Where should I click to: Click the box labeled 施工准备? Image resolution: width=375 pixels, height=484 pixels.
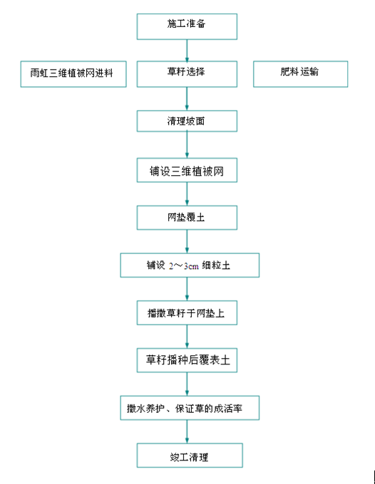tap(187, 26)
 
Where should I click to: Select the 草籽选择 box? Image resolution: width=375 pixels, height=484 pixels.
tap(187, 74)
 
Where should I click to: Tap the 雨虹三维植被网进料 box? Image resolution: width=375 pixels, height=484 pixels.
tap(73, 74)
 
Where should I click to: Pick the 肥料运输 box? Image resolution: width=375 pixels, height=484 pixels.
tap(300, 74)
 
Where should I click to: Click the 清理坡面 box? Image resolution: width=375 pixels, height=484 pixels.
tap(187, 121)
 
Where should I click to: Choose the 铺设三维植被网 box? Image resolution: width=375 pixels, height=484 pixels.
tap(187, 170)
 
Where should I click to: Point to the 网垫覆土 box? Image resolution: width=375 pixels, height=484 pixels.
tap(187, 218)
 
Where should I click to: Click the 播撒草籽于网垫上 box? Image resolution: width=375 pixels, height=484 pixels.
tap(187, 312)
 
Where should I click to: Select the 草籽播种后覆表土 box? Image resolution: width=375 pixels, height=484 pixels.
tap(187, 360)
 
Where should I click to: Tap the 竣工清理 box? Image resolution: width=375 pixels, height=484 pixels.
tap(190, 456)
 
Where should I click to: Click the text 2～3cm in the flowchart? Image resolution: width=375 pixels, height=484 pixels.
tap(184, 265)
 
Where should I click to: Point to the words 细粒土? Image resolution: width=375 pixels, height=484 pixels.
tap(216, 265)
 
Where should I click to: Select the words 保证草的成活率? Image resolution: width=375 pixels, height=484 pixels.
tap(209, 409)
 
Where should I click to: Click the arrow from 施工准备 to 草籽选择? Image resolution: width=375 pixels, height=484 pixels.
tap(187, 51)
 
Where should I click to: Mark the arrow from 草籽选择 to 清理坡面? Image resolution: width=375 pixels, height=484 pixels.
tap(187, 99)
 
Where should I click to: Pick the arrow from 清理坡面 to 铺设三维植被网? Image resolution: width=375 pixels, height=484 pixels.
tap(187, 145)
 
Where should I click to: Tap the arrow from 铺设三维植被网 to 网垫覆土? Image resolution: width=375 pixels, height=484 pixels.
tap(187, 194)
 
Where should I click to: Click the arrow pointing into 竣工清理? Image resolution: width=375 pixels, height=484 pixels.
tap(187, 431)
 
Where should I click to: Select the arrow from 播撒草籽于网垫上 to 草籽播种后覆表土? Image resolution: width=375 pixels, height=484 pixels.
tap(187, 337)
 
